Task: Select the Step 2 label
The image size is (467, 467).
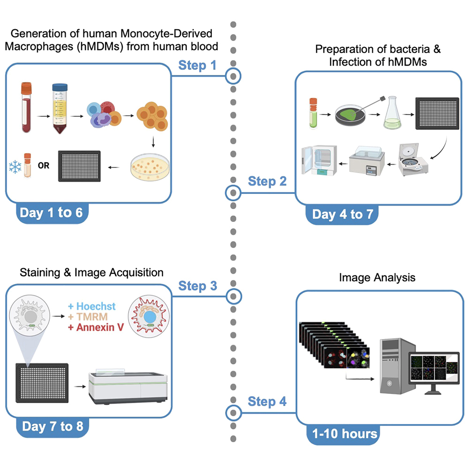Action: click(x=267, y=181)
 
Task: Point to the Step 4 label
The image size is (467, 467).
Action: click(x=267, y=401)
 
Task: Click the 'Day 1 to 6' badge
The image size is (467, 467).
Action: click(x=51, y=213)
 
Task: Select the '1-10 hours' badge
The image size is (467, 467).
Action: click(x=344, y=434)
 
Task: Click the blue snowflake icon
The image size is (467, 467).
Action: click(x=15, y=166)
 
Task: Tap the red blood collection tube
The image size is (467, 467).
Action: click(x=27, y=107)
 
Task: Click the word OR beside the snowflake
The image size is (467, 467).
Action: click(x=44, y=166)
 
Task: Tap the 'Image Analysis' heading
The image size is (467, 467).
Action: click(x=377, y=278)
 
